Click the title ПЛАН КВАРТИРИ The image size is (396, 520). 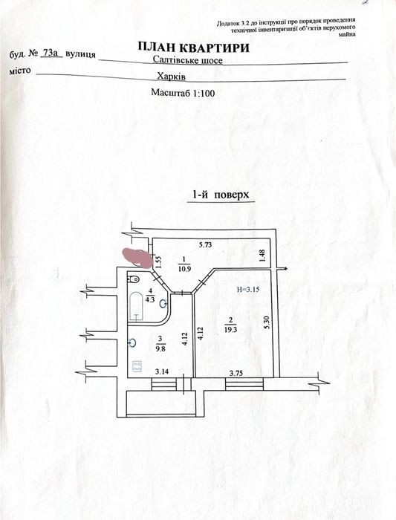[193, 48]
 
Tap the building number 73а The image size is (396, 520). [51, 53]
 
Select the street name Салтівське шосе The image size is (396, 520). [187, 60]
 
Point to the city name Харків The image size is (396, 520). [171, 77]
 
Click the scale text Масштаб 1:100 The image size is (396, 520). [183, 93]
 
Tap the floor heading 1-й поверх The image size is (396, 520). [221, 195]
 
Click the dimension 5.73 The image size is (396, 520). [205, 245]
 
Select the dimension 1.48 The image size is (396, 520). [262, 256]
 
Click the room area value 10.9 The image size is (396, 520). [184, 269]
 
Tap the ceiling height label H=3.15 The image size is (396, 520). [248, 289]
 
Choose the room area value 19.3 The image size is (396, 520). [230, 330]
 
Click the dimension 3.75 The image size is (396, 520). [236, 374]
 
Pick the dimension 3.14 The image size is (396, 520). [161, 371]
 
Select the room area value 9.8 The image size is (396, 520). [160, 348]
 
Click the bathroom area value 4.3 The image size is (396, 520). [150, 299]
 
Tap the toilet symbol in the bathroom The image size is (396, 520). [134, 279]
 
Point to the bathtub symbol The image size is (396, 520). [136, 306]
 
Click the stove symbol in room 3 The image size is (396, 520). [137, 366]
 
